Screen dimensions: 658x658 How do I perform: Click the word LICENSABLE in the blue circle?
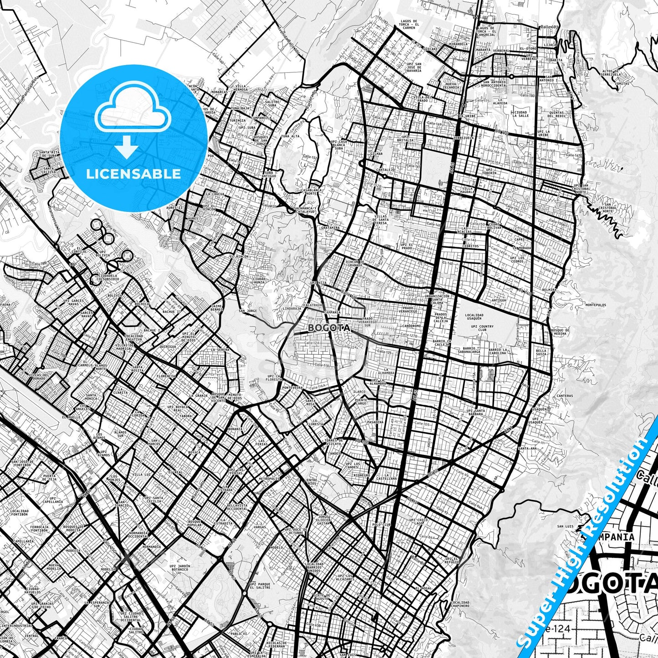(133, 173)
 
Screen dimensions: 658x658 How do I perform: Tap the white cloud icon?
(133, 111)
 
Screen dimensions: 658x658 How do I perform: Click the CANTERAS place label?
(565, 396)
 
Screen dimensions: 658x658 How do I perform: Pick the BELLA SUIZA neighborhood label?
(541, 352)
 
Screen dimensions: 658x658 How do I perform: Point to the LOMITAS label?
(622, 84)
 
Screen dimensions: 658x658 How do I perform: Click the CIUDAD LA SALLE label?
(520, 114)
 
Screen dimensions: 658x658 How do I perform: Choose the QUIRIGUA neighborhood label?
(168, 347)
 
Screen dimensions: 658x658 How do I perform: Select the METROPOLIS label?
(268, 479)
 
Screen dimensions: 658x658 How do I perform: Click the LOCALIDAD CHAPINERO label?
(458, 604)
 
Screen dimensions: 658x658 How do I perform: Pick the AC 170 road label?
(503, 132)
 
